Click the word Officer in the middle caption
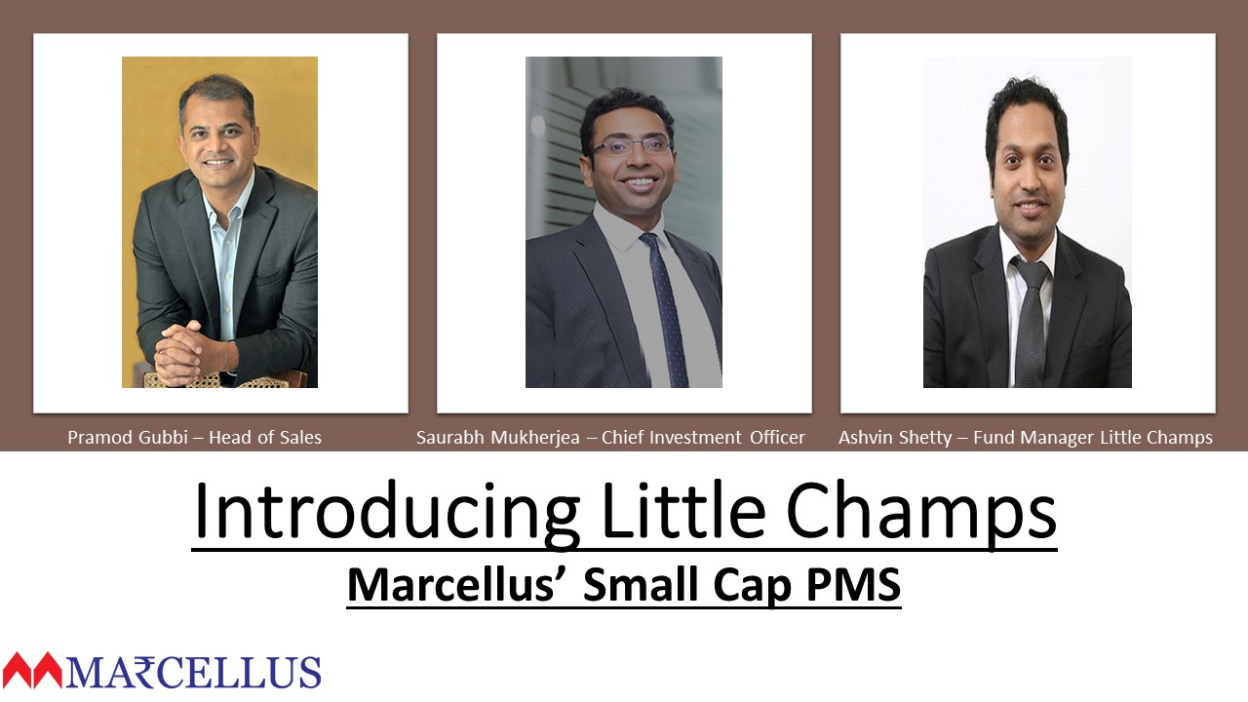(x=777, y=438)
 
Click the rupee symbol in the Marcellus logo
(x=145, y=672)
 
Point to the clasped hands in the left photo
(x=179, y=351)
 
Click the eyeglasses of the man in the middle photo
(x=630, y=146)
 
